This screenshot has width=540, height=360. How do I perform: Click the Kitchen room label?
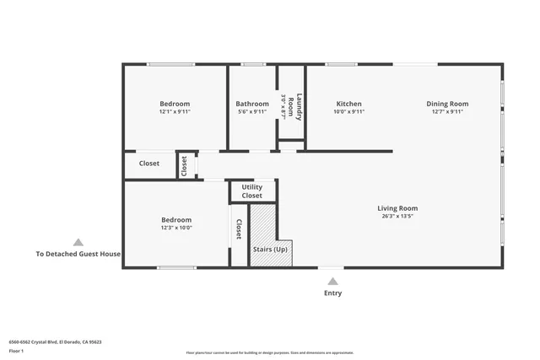pos(348,104)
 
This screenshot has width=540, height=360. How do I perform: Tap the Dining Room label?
pos(448,104)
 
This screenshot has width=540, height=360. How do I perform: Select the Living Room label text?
pos(397,208)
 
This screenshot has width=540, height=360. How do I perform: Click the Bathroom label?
pos(252,104)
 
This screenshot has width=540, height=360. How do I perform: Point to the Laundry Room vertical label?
pos(291,106)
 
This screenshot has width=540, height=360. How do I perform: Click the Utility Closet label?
pos(251,191)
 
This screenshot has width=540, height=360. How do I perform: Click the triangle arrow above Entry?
pos(332,281)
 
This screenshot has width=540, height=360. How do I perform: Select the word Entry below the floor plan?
pos(332,293)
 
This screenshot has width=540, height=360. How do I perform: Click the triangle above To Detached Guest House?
pos(78,242)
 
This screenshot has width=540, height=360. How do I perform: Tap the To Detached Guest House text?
pos(78,254)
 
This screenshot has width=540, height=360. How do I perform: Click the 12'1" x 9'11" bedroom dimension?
pos(175,111)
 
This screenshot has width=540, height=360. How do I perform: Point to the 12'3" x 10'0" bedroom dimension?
pos(176,228)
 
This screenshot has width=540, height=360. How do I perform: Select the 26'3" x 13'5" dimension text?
pos(397,216)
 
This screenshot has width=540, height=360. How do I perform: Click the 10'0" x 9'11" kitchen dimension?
pos(348,111)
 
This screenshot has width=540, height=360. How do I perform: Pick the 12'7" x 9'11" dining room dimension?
pos(448,111)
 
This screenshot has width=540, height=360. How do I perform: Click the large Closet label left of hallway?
pos(149,164)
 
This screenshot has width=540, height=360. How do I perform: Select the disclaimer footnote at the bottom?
pos(269,352)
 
